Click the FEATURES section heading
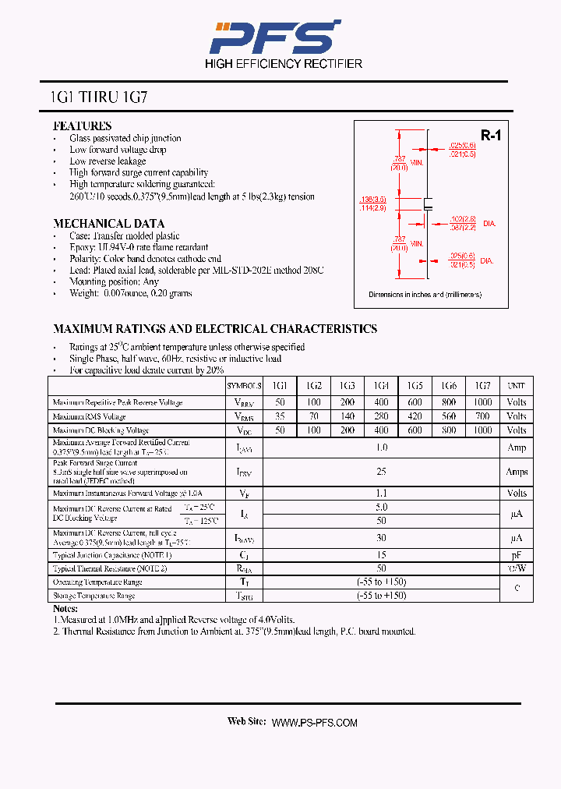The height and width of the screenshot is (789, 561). coord(82,126)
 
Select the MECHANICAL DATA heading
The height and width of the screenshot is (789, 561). coord(108,224)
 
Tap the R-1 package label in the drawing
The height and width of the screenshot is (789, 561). coord(490,136)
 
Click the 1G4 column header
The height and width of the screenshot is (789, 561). coord(381,386)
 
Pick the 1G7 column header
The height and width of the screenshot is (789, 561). coord(482,386)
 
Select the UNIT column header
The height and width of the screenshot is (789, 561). coord(516,386)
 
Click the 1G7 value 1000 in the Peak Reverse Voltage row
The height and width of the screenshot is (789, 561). coord(482,402)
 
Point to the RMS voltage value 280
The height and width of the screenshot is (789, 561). coord(381,416)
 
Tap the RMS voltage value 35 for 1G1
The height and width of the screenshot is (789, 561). coord(280,416)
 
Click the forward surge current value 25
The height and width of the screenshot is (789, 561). coord(381,472)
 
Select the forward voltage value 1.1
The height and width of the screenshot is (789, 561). coord(381,493)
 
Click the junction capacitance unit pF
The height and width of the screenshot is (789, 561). coord(516,554)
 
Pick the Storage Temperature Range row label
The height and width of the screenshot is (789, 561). coord(93,596)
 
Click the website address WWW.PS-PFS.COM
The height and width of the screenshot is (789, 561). coord(314,723)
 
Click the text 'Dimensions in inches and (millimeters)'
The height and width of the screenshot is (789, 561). coord(425,295)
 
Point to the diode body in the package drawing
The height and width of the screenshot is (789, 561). coord(427,205)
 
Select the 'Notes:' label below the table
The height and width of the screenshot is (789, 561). coord(65,608)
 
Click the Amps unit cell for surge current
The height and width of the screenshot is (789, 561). coord(516,472)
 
